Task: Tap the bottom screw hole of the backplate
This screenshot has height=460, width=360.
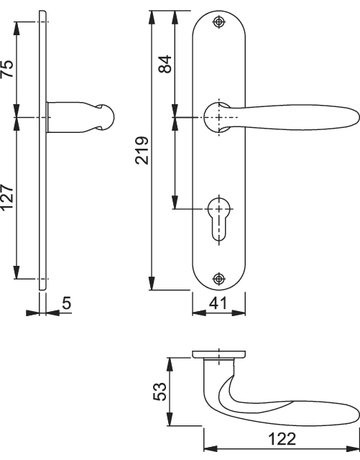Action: click(219, 276)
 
